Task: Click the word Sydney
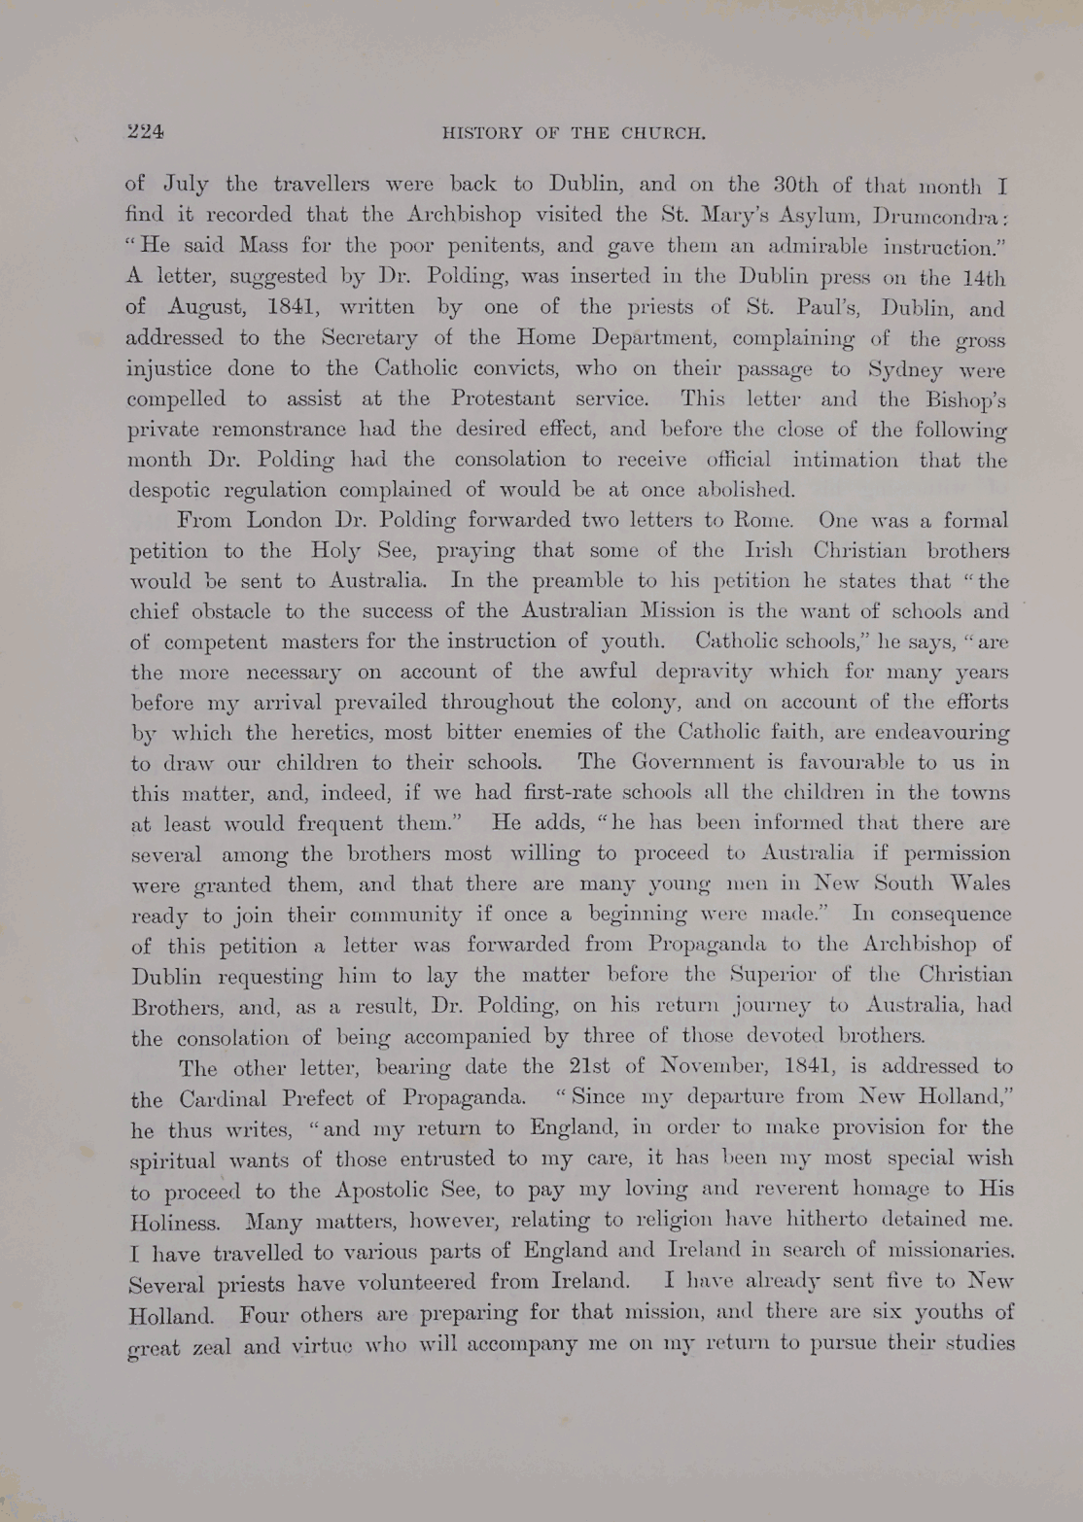pyautogui.click(x=907, y=369)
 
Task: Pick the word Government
pyautogui.click(x=693, y=762)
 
